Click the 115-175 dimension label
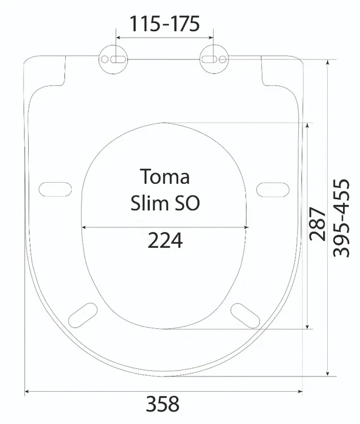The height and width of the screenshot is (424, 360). pyautogui.click(x=165, y=23)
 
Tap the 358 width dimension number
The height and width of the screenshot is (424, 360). pyautogui.click(x=163, y=403)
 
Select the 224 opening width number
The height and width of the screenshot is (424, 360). pyautogui.click(x=165, y=240)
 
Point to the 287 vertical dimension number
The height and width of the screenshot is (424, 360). pyautogui.click(x=318, y=224)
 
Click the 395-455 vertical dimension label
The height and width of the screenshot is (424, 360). pyautogui.click(x=341, y=218)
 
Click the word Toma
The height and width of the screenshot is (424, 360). pyautogui.click(x=164, y=176)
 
